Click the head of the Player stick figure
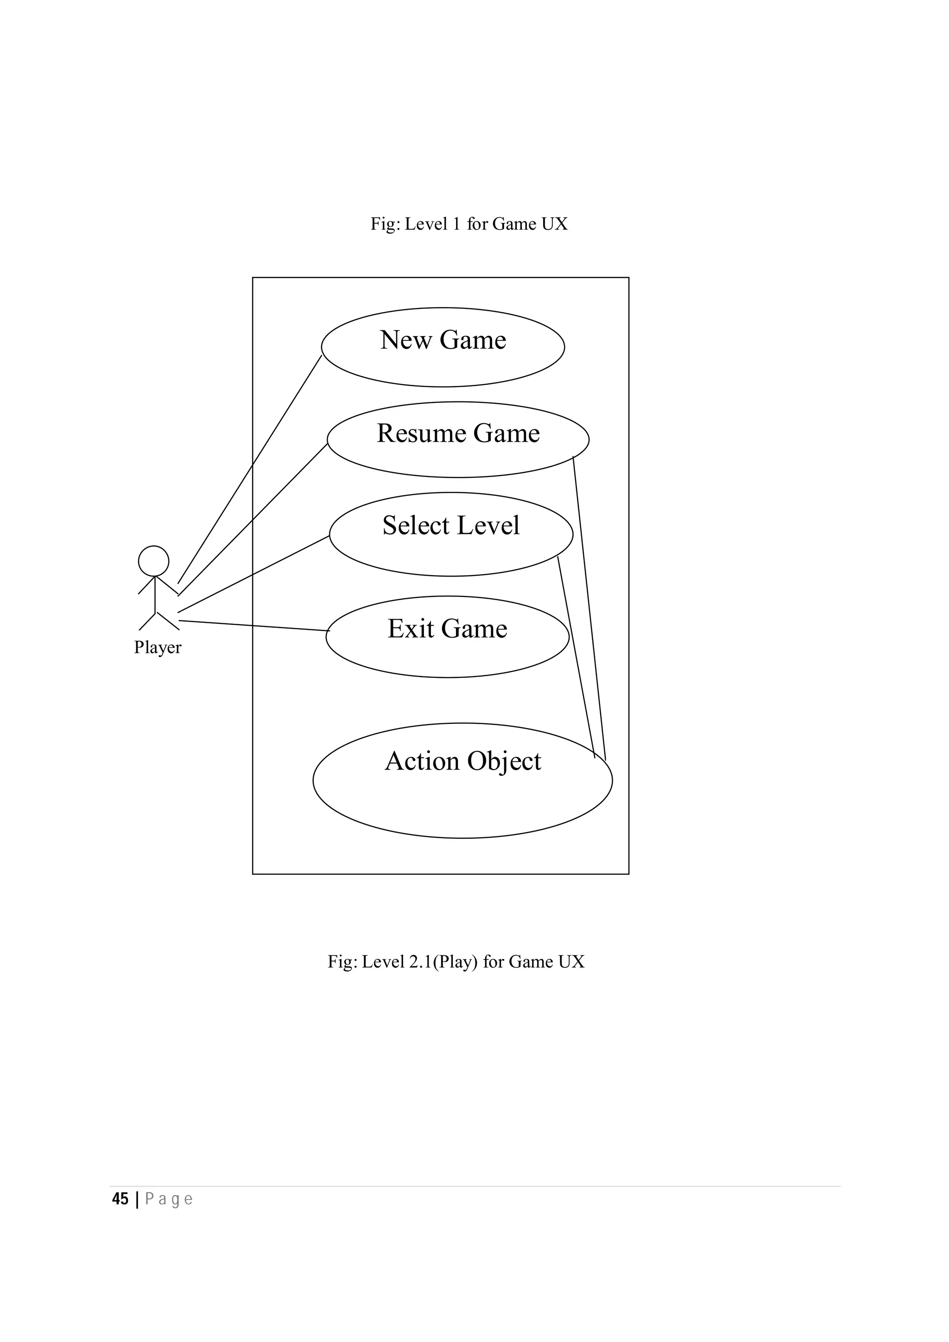click(x=154, y=561)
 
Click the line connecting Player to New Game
click(x=250, y=469)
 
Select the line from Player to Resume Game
click(x=253, y=519)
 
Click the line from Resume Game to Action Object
click(x=589, y=608)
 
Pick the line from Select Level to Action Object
click(x=576, y=657)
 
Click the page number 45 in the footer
click(x=120, y=1199)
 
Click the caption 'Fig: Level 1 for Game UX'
click(x=469, y=224)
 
